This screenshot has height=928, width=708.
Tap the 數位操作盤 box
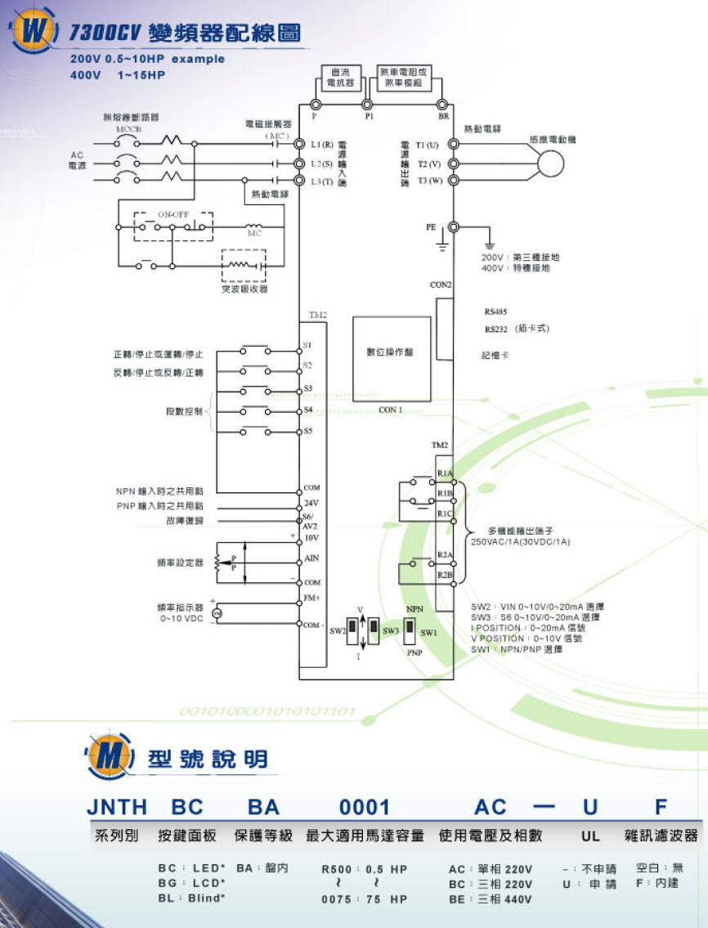pyautogui.click(x=390, y=352)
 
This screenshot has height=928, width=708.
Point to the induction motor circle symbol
pyautogui.click(x=549, y=163)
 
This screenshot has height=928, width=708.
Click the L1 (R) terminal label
pyautogui.click(x=321, y=144)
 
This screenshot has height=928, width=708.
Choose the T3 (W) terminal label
pyautogui.click(x=429, y=180)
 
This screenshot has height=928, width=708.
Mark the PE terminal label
pyautogui.click(x=431, y=226)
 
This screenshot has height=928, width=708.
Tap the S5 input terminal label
pyautogui.click(x=307, y=431)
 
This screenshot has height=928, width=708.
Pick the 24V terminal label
pyautogui.click(x=311, y=502)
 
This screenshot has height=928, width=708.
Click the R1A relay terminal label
pyautogui.click(x=445, y=473)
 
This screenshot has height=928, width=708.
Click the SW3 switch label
pyautogui.click(x=390, y=631)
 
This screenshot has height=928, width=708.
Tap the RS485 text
pyautogui.click(x=495, y=312)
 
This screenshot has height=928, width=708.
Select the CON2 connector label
pyautogui.click(x=441, y=285)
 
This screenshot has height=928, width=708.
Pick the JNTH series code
pyautogui.click(x=117, y=808)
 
